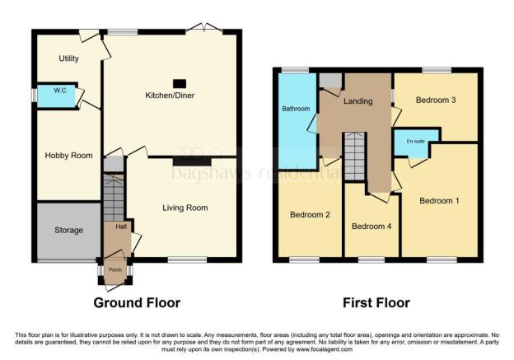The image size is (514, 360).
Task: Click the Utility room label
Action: point(69,58)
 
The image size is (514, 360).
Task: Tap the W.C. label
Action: point(61,91)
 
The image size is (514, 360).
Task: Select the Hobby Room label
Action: point(69,156)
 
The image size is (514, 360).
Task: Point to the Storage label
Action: point(69,230)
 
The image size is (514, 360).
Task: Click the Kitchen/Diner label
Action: point(170,96)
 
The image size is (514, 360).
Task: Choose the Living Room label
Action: point(185,208)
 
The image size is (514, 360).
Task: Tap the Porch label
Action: point(115,270)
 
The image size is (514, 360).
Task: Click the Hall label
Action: point(121,227)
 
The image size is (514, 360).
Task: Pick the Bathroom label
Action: point(296,109)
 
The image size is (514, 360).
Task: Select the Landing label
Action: point(358,101)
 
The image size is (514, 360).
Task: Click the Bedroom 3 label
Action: point(436,100)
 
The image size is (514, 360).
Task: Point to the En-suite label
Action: point(416,142)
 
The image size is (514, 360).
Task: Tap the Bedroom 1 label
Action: point(439,201)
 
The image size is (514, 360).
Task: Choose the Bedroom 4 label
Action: point(371,227)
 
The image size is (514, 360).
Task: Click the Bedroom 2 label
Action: point(310,215)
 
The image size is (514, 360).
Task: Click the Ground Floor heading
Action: point(137,303)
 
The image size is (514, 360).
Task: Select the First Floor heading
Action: point(376,303)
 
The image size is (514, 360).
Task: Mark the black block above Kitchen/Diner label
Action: point(180,83)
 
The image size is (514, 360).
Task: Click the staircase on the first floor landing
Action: point(355,157)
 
